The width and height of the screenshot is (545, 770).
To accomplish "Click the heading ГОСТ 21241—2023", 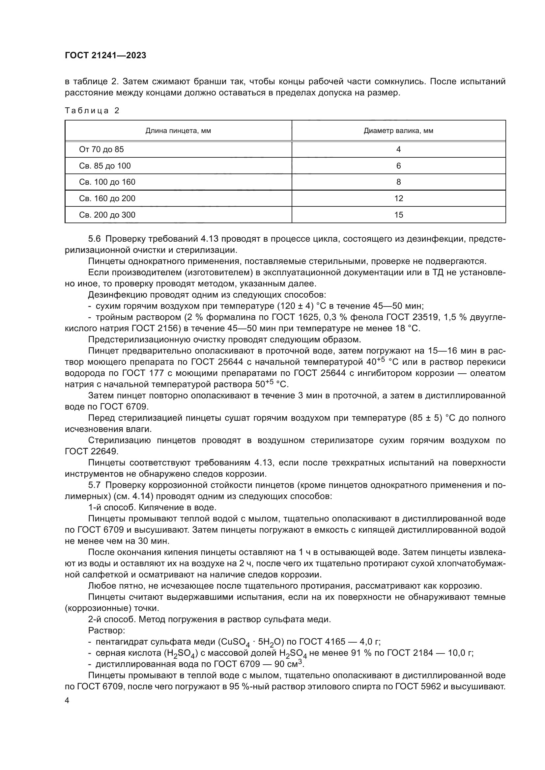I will tap(105, 56).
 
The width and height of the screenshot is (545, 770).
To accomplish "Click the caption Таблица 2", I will tap(92, 111).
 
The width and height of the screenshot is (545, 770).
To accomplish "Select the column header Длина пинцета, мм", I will tap(178, 131).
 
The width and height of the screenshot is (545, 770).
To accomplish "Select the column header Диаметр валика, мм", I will tap(398, 131).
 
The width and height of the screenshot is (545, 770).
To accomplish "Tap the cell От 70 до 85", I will tap(101, 149).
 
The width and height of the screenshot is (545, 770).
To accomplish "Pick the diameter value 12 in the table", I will tap(398, 199).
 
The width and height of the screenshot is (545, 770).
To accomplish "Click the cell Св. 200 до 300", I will tap(107, 215).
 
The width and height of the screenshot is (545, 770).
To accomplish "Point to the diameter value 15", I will tap(398, 215).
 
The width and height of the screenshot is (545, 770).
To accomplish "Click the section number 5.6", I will tap(94, 239).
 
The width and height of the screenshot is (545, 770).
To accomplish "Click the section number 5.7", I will tap(94, 485).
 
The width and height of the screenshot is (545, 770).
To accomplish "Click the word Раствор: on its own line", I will tap(106, 630).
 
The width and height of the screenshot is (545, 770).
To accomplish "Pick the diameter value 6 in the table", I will tap(398, 166).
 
